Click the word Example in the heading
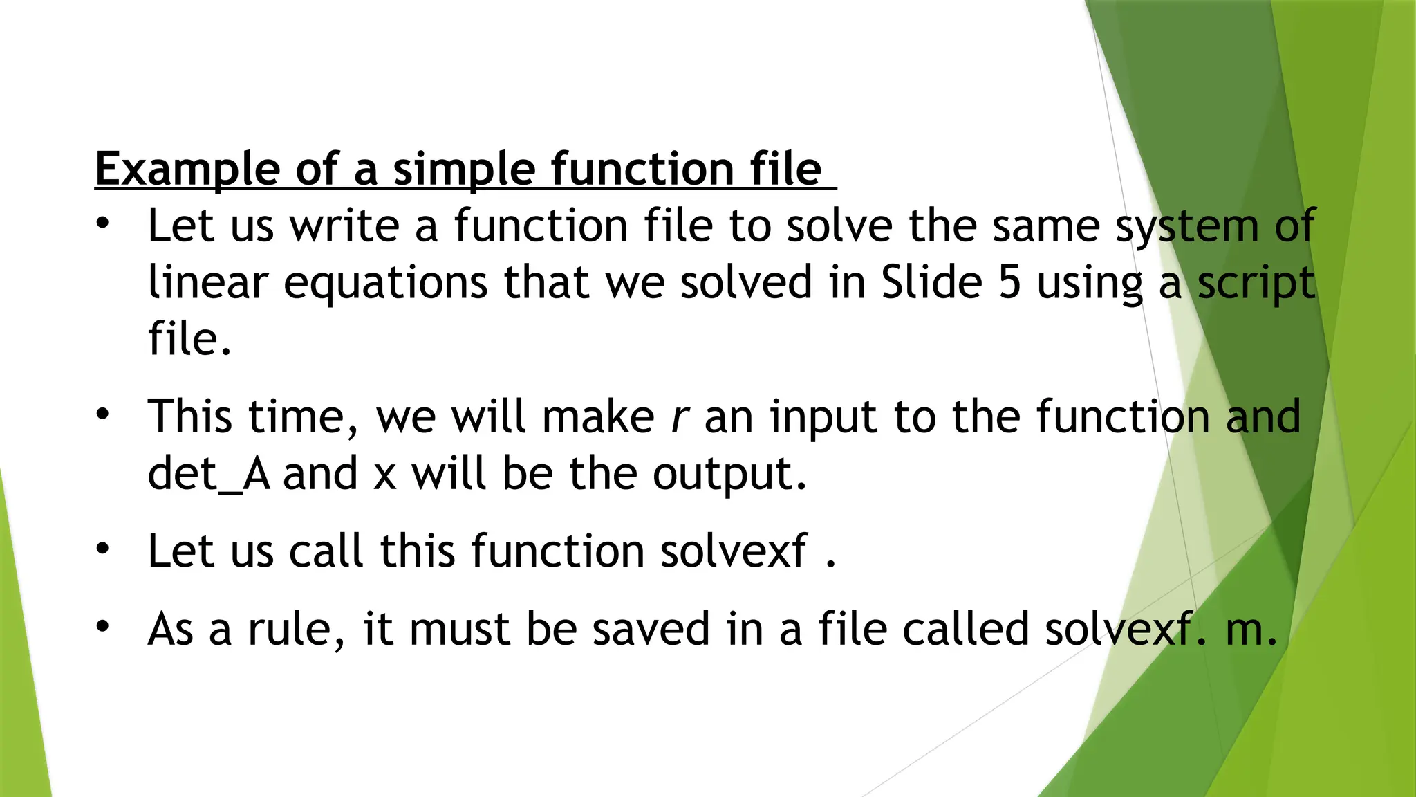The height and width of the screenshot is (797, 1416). point(187,170)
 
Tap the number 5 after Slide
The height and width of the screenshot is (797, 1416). point(1009,282)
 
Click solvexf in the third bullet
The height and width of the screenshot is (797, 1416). point(733,551)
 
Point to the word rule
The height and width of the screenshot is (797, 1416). point(296,629)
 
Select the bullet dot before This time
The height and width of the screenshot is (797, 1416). point(103,415)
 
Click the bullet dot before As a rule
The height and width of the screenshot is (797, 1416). point(103,626)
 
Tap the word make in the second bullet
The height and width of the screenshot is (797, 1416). point(598,417)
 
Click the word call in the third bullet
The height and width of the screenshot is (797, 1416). point(325,551)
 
